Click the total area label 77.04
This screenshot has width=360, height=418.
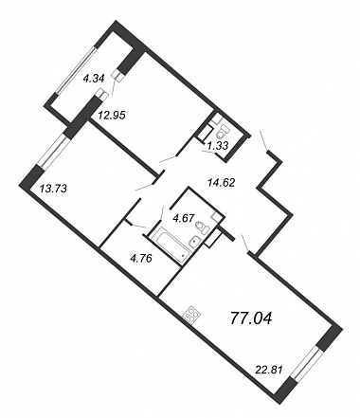point(251,318)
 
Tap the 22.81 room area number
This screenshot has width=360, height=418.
point(268,369)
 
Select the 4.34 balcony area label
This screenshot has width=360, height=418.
point(93,78)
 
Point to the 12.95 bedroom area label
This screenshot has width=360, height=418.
point(112,116)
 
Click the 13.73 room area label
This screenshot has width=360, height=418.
point(53,189)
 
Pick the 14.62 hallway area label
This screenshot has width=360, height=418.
point(221,182)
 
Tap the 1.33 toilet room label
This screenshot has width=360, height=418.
point(218,145)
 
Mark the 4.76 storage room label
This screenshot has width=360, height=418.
point(141,259)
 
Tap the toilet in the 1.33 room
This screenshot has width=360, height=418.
point(224,133)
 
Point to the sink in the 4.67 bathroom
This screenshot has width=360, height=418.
point(195,243)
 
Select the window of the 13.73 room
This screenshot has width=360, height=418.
point(52,151)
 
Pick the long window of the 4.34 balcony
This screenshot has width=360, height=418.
point(76,70)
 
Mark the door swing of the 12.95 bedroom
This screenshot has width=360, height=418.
point(169,158)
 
